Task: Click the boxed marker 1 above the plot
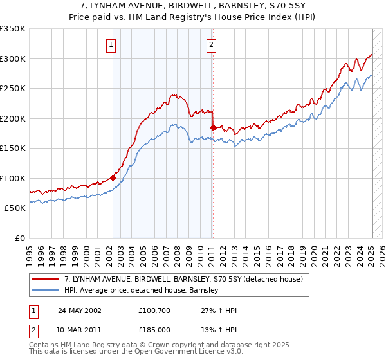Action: (x=112, y=44)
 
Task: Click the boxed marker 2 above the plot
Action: (x=211, y=44)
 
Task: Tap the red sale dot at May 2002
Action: (x=113, y=177)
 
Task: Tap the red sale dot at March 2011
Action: (x=213, y=127)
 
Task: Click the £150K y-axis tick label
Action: (x=13, y=148)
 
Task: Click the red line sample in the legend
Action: (x=46, y=279)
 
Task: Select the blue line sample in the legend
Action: (x=46, y=290)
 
